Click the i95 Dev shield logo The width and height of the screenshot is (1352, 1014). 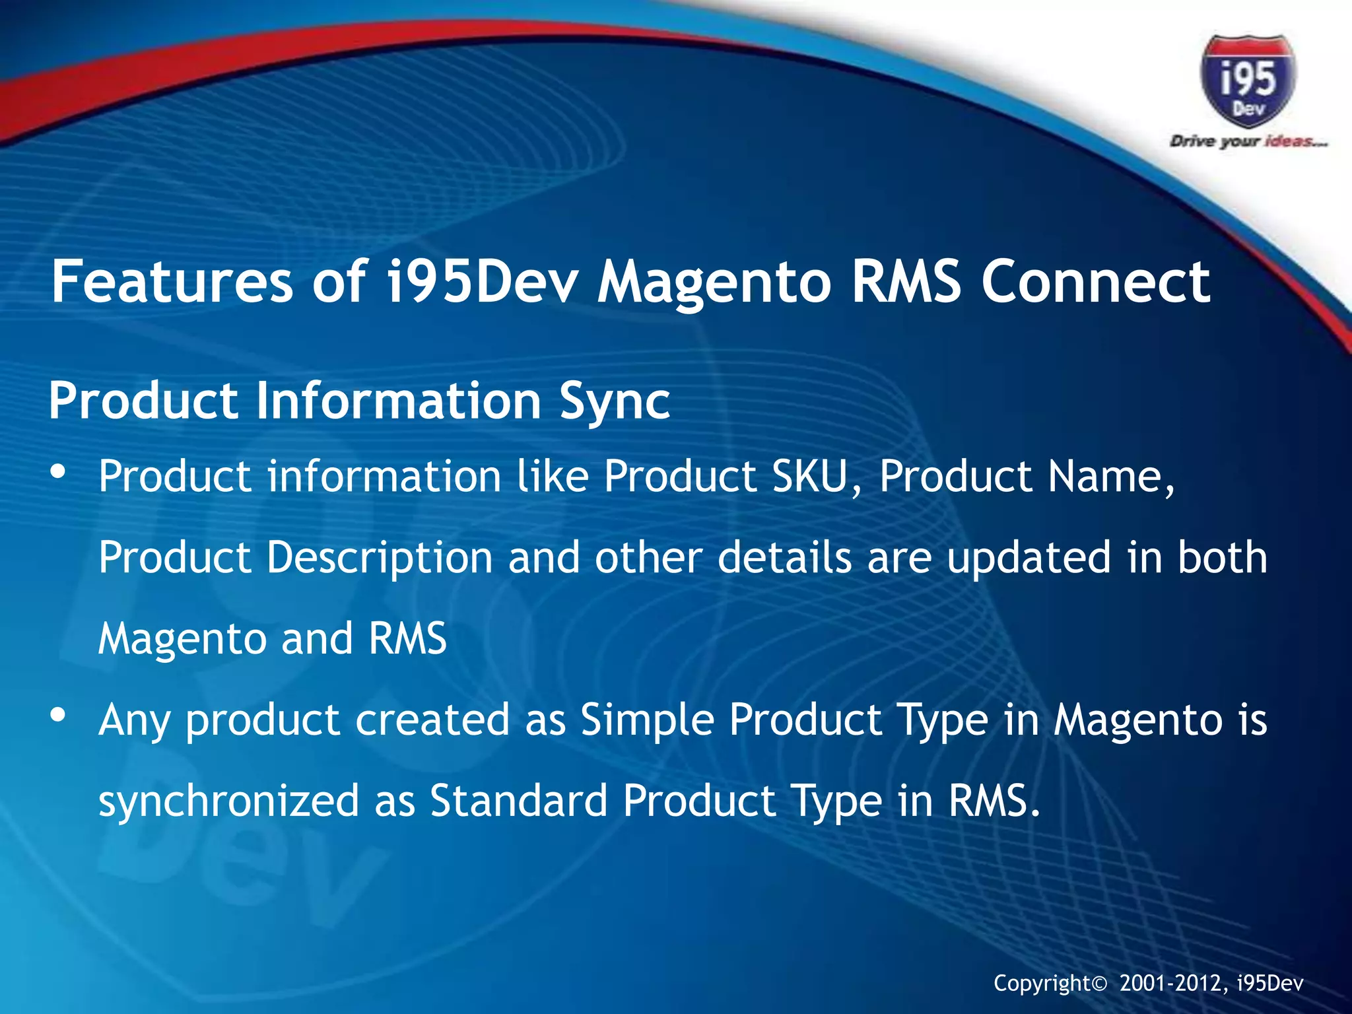tap(1248, 83)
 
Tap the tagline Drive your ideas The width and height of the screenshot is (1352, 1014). tap(1248, 141)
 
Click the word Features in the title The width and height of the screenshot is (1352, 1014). tap(172, 282)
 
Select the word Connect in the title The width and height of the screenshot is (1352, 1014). tap(1096, 282)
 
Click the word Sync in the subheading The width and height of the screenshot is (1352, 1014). tap(615, 401)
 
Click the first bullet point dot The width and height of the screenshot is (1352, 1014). tap(58, 472)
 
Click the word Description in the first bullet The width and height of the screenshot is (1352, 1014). tap(380, 558)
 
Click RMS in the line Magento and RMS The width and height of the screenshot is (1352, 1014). tap(407, 638)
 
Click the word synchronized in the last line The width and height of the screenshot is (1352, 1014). tap(228, 801)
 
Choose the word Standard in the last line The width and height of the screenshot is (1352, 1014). tap(518, 801)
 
